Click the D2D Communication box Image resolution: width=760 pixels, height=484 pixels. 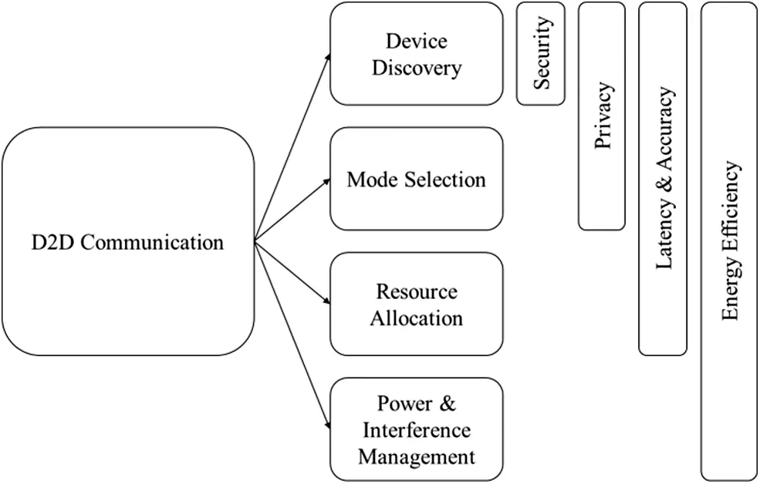[x=127, y=241]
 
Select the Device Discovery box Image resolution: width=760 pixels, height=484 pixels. [x=416, y=53]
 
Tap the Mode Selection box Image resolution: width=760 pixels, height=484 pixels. [x=416, y=180]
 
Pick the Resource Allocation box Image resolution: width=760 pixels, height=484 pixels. [x=416, y=304]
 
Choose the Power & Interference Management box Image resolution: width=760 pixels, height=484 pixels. [x=416, y=429]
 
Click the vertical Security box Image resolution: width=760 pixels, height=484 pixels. [x=540, y=53]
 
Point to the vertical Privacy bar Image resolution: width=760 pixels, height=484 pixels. [x=602, y=116]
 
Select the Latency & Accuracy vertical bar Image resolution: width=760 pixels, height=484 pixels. [x=663, y=178]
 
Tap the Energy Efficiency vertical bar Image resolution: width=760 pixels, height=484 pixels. [x=729, y=241]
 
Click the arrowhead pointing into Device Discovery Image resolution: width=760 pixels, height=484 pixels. [x=327, y=57]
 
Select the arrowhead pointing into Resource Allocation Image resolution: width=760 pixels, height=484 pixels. [x=326, y=303]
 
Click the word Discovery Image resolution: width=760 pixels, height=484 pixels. [x=416, y=67]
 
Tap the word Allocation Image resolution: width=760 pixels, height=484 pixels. [x=416, y=318]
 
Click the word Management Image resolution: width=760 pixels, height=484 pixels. [x=416, y=455]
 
